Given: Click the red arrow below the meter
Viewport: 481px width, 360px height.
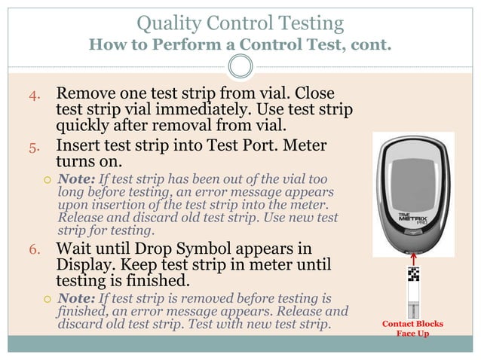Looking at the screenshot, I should (414, 258).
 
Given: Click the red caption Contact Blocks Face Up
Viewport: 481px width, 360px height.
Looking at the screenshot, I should (412, 328).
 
